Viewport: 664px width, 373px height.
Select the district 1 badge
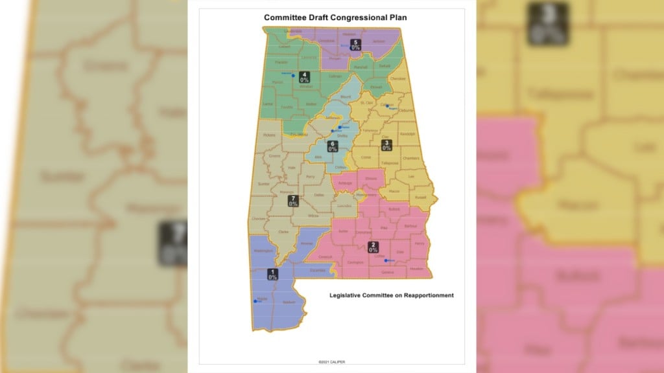[272, 274]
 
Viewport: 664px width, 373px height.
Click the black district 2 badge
[373, 246]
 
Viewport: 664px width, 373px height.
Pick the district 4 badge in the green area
[303, 76]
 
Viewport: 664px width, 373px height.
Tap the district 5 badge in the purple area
[355, 44]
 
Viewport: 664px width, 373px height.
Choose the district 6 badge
[333, 146]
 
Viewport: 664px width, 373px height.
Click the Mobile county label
[263, 298]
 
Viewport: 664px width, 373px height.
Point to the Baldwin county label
[289, 302]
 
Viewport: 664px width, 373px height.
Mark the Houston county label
[416, 269]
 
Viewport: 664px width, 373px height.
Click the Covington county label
[354, 262]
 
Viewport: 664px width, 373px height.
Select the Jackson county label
[378, 41]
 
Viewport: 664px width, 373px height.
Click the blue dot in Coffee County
[386, 260]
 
